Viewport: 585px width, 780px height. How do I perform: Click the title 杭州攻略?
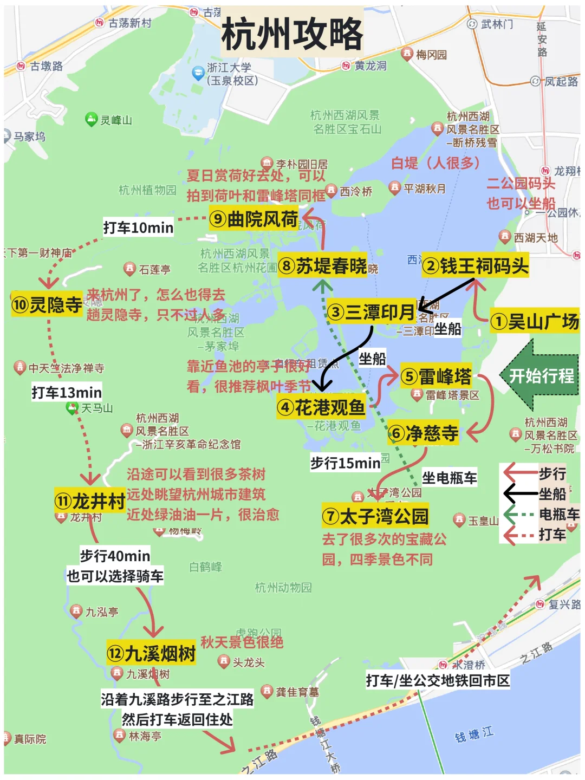pos(292,34)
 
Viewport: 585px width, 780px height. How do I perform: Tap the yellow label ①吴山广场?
pos(535,321)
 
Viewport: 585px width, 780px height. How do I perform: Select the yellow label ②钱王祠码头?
pos(475,265)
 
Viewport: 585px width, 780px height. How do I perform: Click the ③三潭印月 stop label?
pos(372,312)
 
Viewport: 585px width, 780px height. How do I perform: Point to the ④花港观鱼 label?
pos(321,407)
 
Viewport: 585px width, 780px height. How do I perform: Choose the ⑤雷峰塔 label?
pos(436,376)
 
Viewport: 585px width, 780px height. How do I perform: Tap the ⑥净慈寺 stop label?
pos(424,433)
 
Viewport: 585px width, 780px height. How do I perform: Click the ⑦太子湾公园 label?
pos(375,516)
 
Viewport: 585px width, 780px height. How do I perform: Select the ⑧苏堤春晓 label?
pos(322,265)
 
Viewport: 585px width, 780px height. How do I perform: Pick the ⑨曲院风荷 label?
pos(253,218)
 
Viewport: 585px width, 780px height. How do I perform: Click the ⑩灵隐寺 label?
pos(47,305)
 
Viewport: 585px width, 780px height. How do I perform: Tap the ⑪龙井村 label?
pos(90,501)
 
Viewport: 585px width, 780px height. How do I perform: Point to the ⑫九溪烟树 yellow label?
pos(151,653)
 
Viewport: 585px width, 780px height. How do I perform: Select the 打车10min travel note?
pos(138,227)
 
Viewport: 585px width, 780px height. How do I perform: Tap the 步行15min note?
pos(345,463)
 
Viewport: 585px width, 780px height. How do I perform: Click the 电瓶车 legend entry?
pos(558,514)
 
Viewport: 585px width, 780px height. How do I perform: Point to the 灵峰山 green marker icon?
pos(91,119)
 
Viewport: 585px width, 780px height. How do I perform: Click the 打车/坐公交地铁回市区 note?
pos(438,680)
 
